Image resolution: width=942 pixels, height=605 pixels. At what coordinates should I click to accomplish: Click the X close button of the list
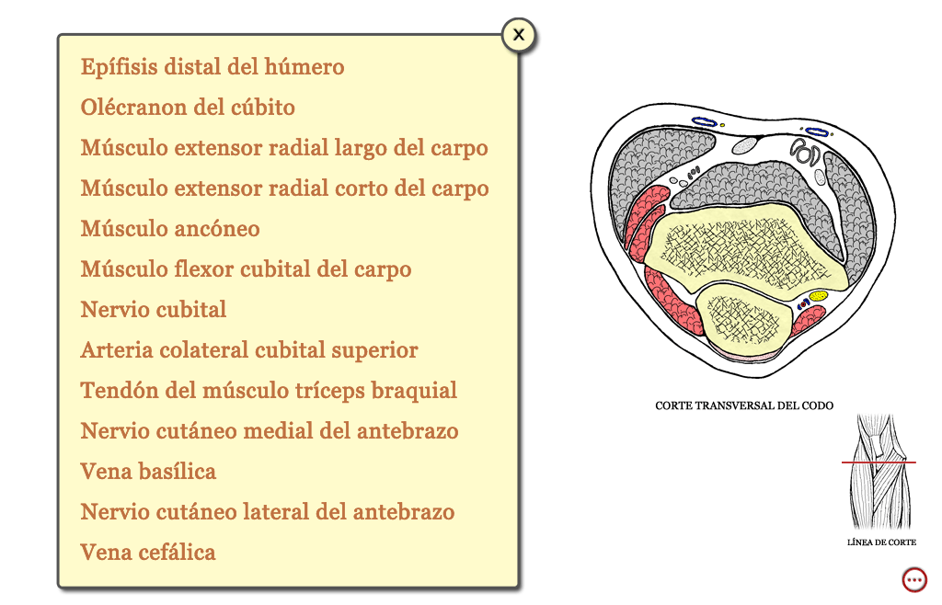[x=519, y=35]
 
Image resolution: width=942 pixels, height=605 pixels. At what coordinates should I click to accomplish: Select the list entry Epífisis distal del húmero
[x=213, y=66]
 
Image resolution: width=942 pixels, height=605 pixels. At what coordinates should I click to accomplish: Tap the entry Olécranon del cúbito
[x=188, y=108]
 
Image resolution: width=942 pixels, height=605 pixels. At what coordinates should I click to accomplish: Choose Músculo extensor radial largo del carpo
[x=284, y=148]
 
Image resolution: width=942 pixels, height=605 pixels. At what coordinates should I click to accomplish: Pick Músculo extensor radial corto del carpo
[x=284, y=188]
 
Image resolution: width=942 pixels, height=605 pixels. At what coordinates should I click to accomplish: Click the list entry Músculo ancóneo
[x=170, y=229]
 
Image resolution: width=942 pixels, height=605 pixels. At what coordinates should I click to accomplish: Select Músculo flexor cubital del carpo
[x=246, y=269]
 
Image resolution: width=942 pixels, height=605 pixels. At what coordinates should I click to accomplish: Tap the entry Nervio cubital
[x=154, y=310]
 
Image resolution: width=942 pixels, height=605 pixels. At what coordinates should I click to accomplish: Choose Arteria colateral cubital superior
[x=248, y=350]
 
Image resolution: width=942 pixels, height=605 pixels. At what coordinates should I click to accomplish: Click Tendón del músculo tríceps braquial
[x=269, y=391]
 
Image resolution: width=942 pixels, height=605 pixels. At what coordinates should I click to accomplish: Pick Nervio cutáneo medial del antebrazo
[x=270, y=431]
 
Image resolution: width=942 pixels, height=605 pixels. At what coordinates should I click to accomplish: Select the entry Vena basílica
[x=148, y=471]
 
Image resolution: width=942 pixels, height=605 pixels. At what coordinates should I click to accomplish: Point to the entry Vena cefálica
[x=148, y=553]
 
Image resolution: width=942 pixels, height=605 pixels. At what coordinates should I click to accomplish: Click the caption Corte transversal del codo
[x=743, y=405]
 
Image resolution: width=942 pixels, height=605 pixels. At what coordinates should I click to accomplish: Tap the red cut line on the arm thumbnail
[x=879, y=462]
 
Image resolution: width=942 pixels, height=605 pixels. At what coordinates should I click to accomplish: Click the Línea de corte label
[x=881, y=542]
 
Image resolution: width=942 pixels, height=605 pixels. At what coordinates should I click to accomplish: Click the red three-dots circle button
[x=914, y=580]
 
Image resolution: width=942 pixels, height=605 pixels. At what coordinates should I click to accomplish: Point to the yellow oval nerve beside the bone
[x=818, y=296]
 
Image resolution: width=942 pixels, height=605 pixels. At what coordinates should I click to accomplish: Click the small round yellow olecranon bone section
[x=742, y=317]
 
